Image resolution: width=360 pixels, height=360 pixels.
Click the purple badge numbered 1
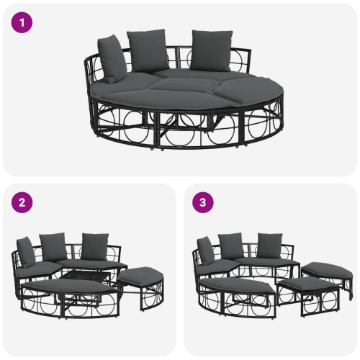point(22,22)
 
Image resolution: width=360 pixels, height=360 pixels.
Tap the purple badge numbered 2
point(22,202)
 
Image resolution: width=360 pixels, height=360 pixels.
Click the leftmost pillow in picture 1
point(112,58)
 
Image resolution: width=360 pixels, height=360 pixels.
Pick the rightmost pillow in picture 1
point(212,50)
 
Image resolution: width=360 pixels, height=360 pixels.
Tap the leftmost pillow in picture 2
point(26,251)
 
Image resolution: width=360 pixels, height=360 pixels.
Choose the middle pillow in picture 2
point(53,246)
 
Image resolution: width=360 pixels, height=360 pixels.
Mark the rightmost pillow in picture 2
point(94,246)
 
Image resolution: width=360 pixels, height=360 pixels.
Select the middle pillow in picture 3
point(231,246)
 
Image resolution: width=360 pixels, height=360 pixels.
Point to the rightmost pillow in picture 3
point(270,246)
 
